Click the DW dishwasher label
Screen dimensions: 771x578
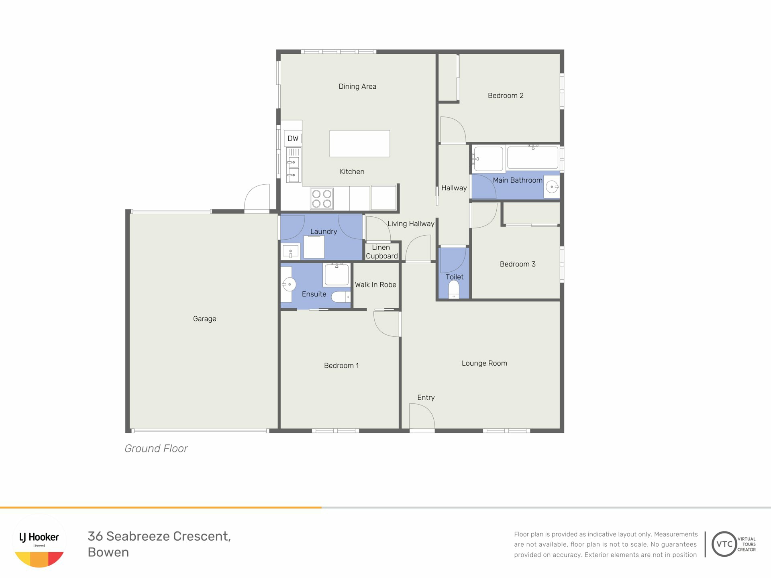[293, 138]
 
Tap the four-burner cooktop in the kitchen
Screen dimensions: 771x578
[322, 199]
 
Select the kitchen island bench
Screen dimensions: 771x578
[360, 143]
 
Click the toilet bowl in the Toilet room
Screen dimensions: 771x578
[454, 289]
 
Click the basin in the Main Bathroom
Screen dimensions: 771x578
[552, 187]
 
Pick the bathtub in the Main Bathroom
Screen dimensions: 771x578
[532, 157]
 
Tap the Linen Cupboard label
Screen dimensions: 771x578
[381, 252]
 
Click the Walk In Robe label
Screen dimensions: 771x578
[375, 285]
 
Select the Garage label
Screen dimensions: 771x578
[204, 319]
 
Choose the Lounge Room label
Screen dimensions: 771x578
[484, 363]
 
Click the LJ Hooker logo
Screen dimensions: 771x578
[39, 541]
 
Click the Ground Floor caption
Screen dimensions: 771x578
[156, 448]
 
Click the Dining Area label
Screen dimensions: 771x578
[357, 86]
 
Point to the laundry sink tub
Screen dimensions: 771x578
[290, 252]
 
